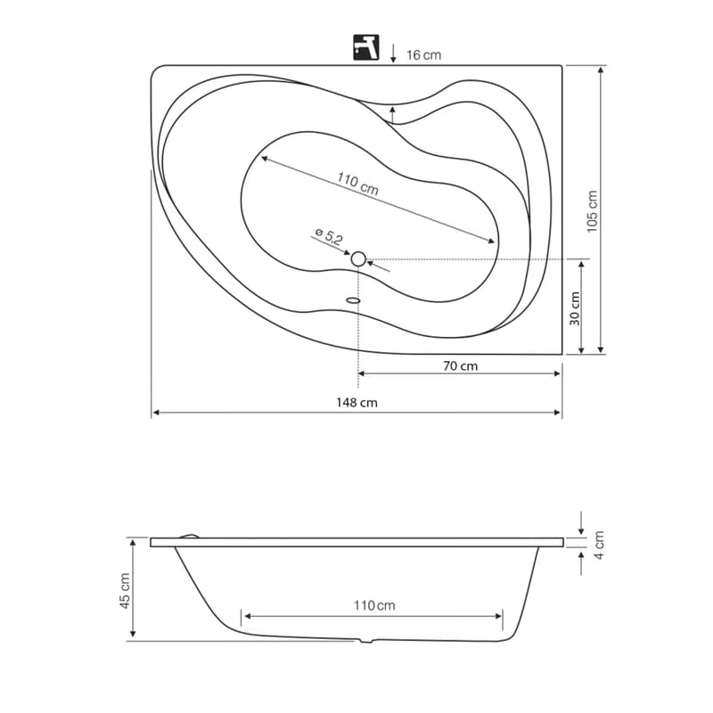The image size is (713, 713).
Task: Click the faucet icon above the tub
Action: click(x=366, y=47)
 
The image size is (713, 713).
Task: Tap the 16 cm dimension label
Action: click(x=423, y=55)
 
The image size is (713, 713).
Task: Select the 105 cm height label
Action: click(x=591, y=211)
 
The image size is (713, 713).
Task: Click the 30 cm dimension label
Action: click(x=575, y=308)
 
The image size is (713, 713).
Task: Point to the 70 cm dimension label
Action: click(x=460, y=366)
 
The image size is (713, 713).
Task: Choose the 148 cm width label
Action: click(x=356, y=403)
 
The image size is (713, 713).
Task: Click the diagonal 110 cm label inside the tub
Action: click(x=357, y=184)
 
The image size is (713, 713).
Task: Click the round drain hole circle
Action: click(x=358, y=258)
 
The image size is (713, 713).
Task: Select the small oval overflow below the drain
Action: click(x=353, y=300)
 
